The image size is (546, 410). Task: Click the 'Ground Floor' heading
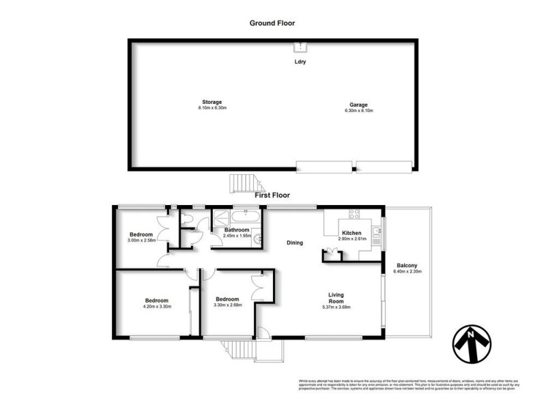pyautogui.click(x=272, y=23)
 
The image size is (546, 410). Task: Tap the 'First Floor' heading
pyautogui.click(x=272, y=195)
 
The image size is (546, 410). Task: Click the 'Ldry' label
pyautogui.click(x=300, y=62)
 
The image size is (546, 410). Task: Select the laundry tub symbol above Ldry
pyautogui.click(x=300, y=47)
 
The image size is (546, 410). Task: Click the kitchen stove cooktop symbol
pyautogui.click(x=355, y=215)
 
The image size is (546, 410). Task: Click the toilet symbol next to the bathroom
pyautogui.click(x=185, y=219)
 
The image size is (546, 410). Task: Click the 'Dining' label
pyautogui.click(x=294, y=243)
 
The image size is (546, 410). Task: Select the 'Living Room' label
pyautogui.click(x=335, y=299)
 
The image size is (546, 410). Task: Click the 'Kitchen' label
pyautogui.click(x=352, y=233)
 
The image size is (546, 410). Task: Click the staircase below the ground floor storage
pyautogui.click(x=244, y=183)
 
